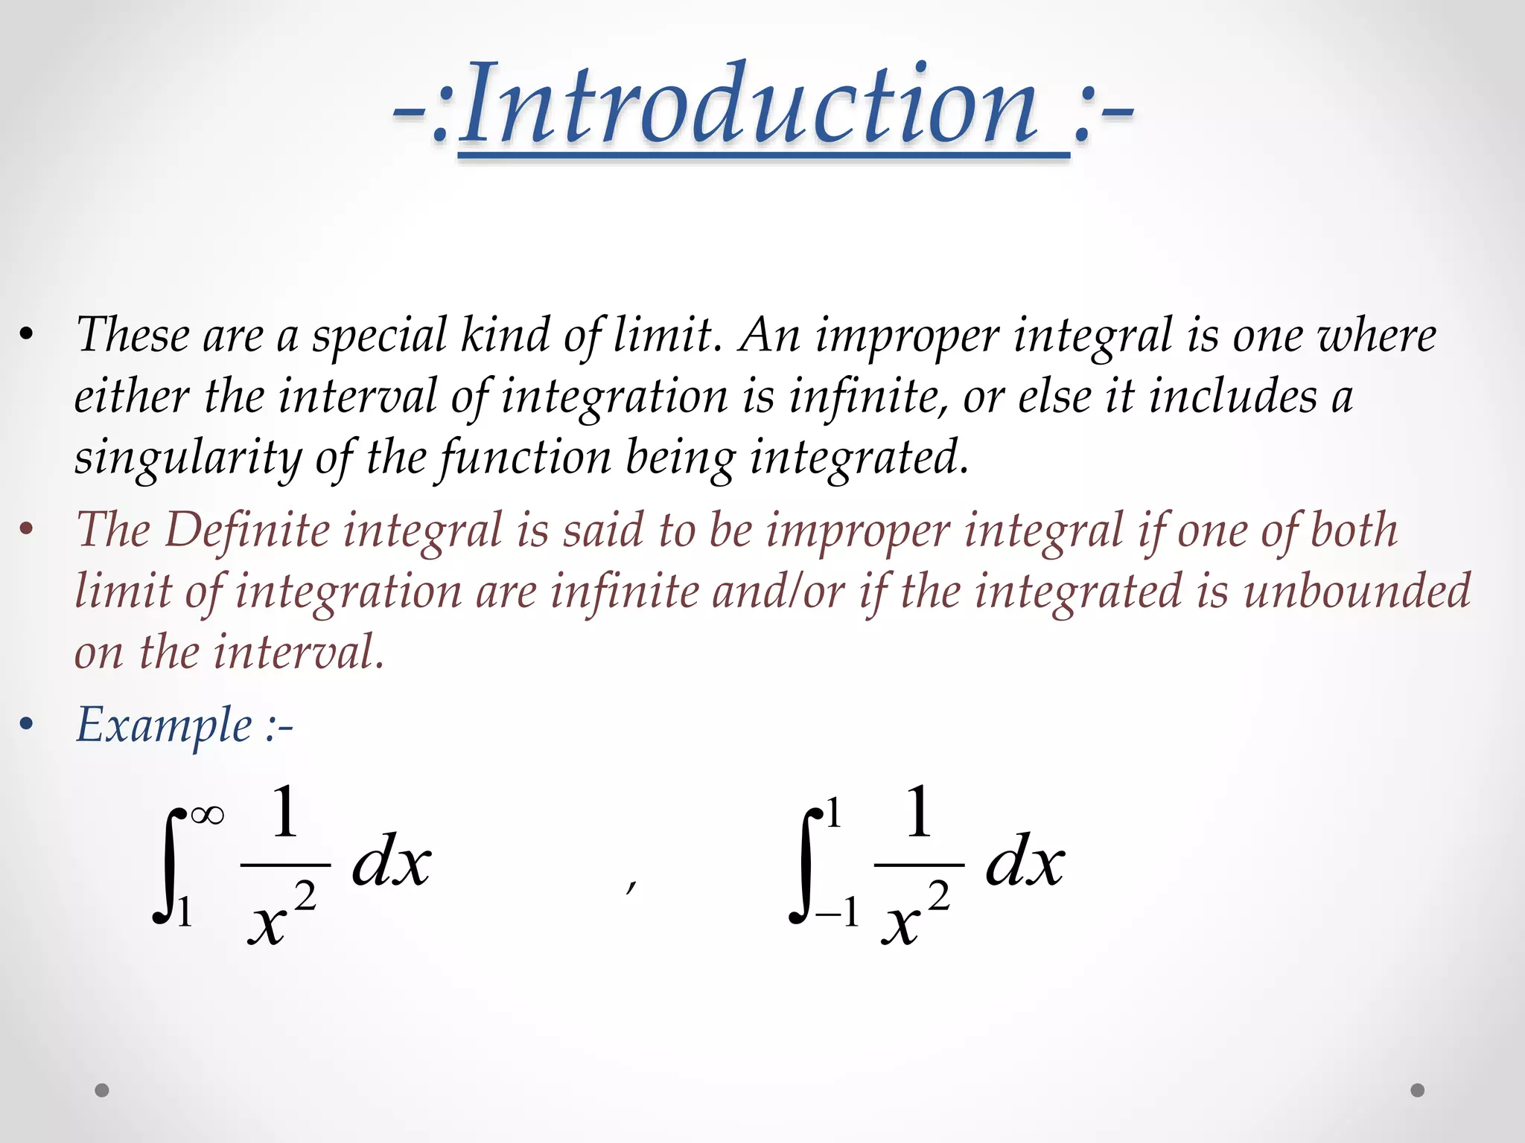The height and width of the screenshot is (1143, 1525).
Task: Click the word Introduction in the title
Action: point(748,104)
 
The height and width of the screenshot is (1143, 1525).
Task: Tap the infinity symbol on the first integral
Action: point(207,816)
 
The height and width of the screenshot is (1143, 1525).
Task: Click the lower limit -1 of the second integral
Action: point(838,912)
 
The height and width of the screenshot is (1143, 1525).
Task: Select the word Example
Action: point(165,726)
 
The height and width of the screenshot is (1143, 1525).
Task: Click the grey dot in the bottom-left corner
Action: point(102,1090)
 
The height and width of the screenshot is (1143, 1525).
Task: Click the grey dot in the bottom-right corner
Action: point(1418,1090)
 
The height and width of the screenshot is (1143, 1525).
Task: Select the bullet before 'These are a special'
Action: point(27,336)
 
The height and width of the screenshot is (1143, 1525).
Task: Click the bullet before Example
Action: point(27,726)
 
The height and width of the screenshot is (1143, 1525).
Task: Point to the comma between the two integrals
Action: point(631,885)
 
